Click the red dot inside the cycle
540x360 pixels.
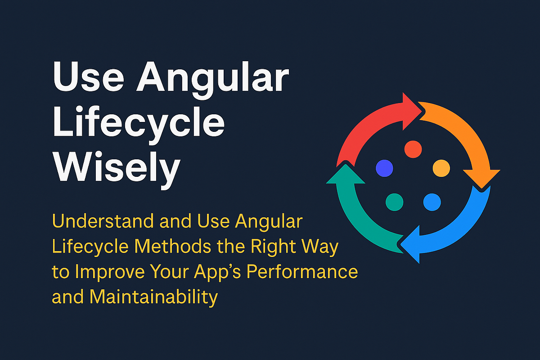(x=413, y=148)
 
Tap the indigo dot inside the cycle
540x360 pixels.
(x=384, y=168)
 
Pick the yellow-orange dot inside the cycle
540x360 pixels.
(x=441, y=168)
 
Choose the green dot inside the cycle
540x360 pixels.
(x=394, y=201)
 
